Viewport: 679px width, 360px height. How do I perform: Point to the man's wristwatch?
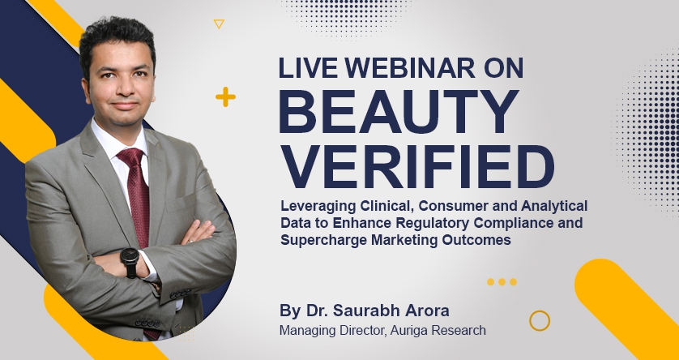point(130,262)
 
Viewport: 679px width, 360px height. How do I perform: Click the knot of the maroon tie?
point(130,156)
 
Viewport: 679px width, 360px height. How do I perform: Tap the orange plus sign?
point(225,98)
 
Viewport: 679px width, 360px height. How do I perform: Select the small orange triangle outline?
point(218,24)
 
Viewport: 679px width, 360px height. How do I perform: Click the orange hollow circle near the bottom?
point(540,320)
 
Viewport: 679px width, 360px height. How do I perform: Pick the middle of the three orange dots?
point(502,282)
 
